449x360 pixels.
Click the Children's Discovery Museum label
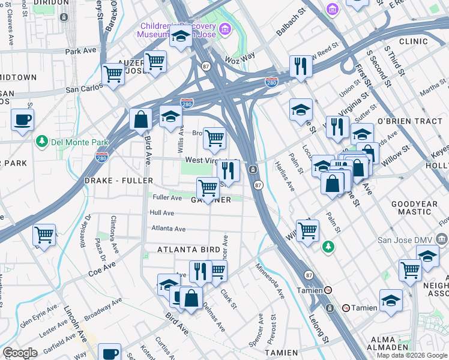point(178,30)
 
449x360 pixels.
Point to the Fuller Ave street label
point(167,197)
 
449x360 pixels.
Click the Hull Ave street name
point(162,213)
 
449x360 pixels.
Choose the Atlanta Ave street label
point(168,228)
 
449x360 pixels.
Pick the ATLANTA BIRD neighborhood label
point(187,249)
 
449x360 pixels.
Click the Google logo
point(20,352)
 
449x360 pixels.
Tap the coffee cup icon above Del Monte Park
point(22,119)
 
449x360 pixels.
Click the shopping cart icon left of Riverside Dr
point(44,235)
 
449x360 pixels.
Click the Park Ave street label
point(81,52)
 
